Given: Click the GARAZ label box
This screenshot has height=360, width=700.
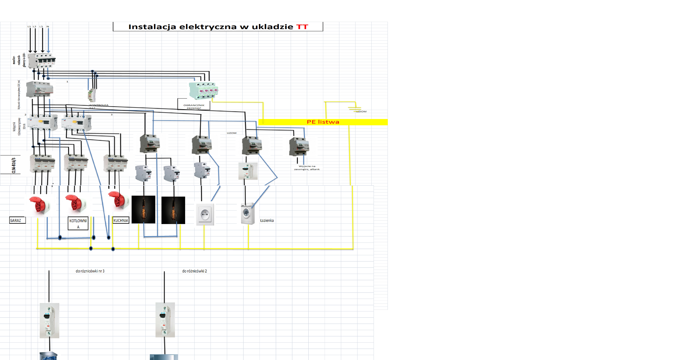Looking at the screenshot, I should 17,220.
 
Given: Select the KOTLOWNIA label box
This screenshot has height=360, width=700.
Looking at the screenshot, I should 78,224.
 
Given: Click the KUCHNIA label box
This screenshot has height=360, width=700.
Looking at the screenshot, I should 121,220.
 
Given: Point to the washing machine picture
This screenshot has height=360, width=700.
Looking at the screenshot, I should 248,214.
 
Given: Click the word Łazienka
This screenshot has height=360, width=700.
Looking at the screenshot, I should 267,221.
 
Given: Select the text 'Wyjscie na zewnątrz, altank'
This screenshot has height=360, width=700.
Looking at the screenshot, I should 307,168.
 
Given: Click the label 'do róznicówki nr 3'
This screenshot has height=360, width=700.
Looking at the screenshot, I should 90,271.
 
